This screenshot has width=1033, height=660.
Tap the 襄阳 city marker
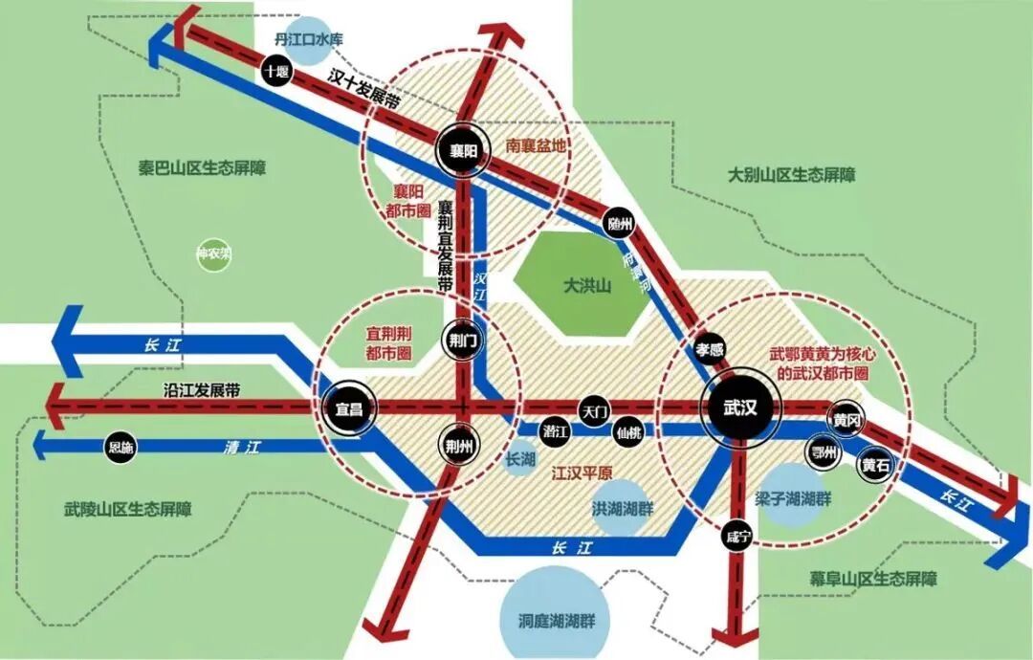pos(463,149)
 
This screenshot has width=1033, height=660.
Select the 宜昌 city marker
pos(348,408)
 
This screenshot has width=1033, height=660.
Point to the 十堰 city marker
pos(277,72)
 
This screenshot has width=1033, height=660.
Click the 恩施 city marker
pos(121,447)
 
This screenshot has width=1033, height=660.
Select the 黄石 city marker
pos(874,466)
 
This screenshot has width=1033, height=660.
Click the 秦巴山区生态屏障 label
pos(202,167)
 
